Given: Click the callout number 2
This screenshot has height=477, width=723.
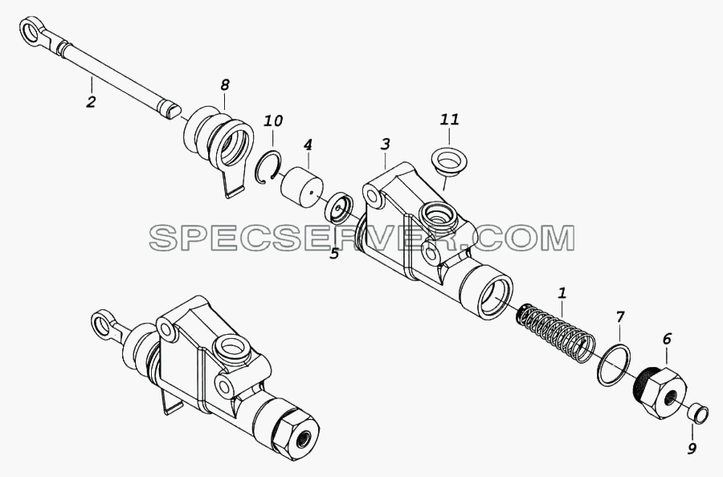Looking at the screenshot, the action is click(91, 101).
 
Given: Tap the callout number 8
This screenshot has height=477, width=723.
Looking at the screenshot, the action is click(225, 85).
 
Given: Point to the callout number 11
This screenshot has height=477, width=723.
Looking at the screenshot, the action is click(450, 120).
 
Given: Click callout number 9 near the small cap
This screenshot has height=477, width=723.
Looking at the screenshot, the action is click(691, 448).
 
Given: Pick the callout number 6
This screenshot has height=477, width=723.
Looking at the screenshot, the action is click(668, 339).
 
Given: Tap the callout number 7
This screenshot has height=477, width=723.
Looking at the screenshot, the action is click(619, 317).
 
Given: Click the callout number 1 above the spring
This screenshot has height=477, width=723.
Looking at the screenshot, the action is click(562, 293).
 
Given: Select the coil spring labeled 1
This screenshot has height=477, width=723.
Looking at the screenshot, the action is click(554, 331).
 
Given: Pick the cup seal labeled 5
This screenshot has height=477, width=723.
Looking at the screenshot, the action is click(338, 207).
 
